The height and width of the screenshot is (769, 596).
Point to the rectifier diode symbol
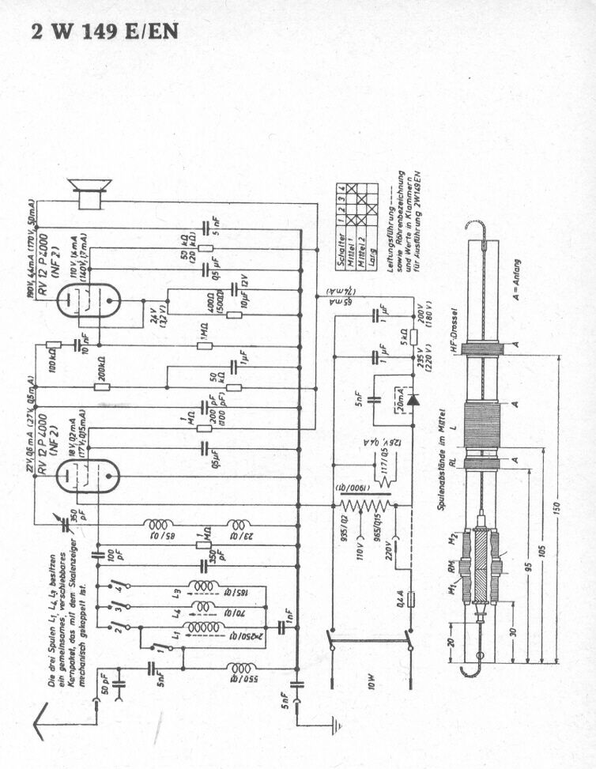tap(411, 402)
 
